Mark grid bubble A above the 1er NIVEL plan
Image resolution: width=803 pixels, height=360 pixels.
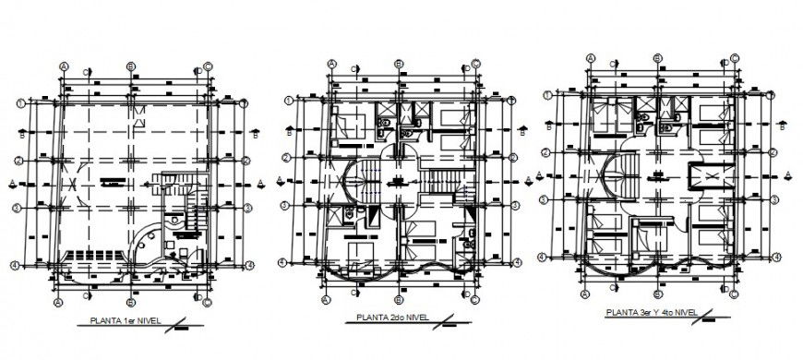pyautogui.click(x=64, y=66)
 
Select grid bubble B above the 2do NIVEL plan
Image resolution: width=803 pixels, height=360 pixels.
pyautogui.click(x=398, y=64)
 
